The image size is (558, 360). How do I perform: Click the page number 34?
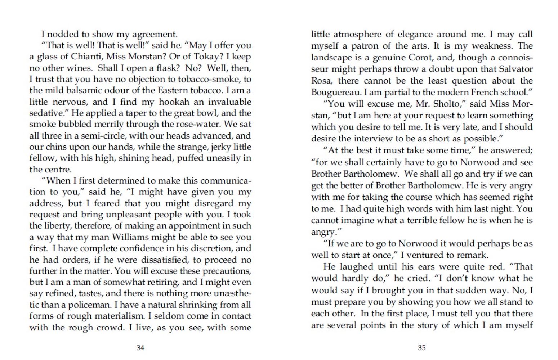coord(140,348)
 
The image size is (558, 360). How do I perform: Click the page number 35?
coord(421,348)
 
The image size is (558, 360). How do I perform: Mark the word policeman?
coord(88,305)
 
